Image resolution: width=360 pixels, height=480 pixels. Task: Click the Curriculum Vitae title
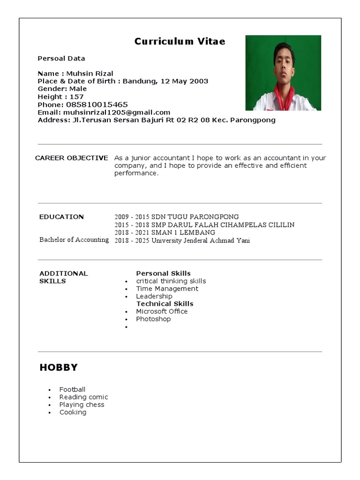coord(180,41)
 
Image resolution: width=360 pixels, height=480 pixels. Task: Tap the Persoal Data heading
coord(61,59)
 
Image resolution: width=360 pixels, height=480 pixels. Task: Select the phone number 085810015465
coord(97,105)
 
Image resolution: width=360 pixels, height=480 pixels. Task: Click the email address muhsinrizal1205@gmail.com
coord(117,112)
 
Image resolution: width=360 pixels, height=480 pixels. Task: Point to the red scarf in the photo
coord(283,96)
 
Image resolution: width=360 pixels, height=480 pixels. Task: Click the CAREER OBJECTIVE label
coord(71,158)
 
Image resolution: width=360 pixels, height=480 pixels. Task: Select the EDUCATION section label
coord(61,217)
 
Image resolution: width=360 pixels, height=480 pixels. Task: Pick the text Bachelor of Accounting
coord(74,240)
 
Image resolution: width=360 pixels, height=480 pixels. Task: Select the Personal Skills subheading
coord(163,273)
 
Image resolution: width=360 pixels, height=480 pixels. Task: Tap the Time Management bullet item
coord(167,289)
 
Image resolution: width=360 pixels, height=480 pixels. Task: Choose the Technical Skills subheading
coord(165,304)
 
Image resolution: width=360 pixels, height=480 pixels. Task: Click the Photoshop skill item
coord(153,319)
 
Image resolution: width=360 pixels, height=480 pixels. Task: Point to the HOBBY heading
coord(59,367)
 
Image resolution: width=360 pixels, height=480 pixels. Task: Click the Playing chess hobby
coord(82,405)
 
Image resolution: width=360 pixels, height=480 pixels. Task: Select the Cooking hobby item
coord(73,412)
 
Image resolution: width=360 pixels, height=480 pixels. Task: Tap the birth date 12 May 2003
coord(184,81)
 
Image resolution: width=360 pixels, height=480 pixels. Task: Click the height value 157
coord(76,97)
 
